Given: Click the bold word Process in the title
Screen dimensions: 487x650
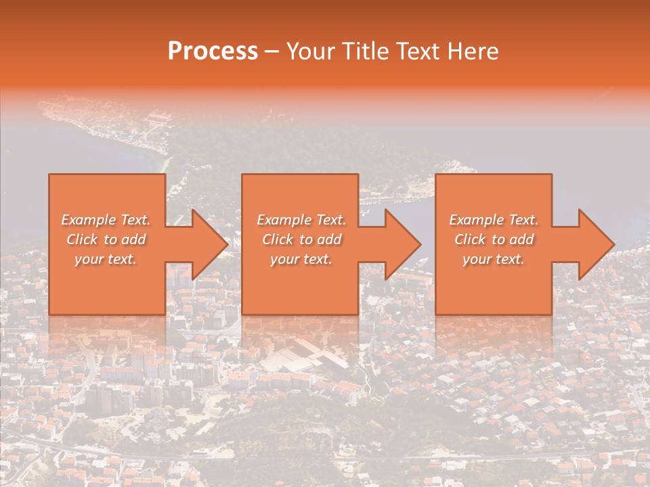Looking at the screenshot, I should click(x=213, y=51).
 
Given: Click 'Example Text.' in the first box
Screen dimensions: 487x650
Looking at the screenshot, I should click(x=106, y=220).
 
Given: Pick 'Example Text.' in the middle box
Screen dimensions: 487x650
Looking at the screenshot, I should click(x=301, y=220).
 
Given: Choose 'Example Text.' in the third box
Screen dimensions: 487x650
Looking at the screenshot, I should click(x=494, y=220).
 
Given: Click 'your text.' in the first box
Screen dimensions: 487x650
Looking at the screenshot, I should click(x=106, y=259).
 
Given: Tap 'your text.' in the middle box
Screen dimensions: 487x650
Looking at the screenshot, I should click(x=301, y=259).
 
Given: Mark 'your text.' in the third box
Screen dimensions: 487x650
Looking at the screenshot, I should click(x=494, y=259).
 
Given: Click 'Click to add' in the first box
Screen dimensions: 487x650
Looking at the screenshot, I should click(x=106, y=239).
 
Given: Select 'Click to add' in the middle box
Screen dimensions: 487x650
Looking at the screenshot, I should click(x=301, y=239).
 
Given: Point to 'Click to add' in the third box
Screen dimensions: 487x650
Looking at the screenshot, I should click(x=494, y=239).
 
